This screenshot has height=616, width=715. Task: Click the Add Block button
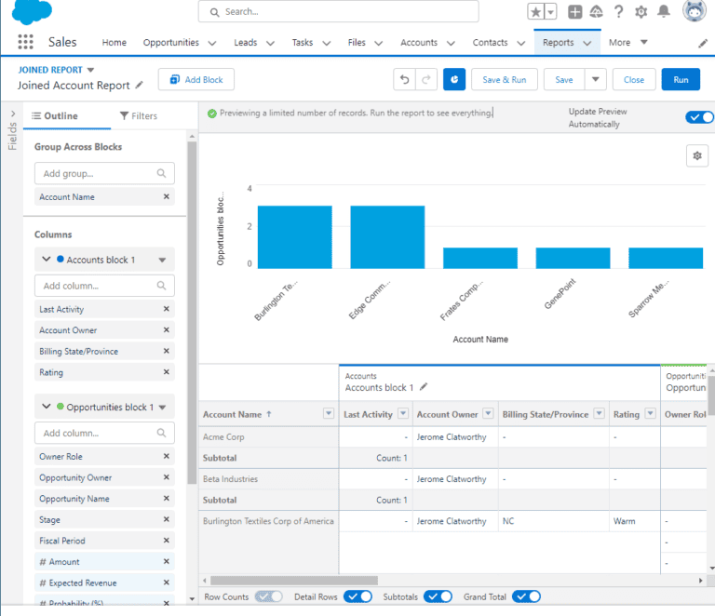pos(196,80)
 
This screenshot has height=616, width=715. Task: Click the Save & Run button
pos(504,80)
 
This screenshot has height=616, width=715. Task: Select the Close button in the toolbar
pos(633,80)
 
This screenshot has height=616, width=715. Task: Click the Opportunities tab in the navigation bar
pos(171,43)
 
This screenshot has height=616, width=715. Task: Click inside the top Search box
pos(339,12)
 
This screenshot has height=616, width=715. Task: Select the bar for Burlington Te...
pos(294,237)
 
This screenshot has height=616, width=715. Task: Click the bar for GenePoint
pos(573,258)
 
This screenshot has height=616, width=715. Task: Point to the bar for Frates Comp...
pos(479,258)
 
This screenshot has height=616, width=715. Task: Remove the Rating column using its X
pos(167,372)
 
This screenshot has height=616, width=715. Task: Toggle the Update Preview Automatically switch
pos(699,117)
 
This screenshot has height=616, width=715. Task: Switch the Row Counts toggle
pos(269,596)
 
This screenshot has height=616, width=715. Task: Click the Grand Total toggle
pos(526,596)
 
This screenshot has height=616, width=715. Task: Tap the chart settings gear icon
pos(697,155)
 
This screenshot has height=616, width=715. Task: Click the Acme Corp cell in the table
pos(225,436)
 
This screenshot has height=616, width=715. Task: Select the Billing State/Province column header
pos(545,414)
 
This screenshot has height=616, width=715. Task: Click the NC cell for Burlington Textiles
pos(507,521)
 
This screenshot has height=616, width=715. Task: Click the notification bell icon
pos(664,12)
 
